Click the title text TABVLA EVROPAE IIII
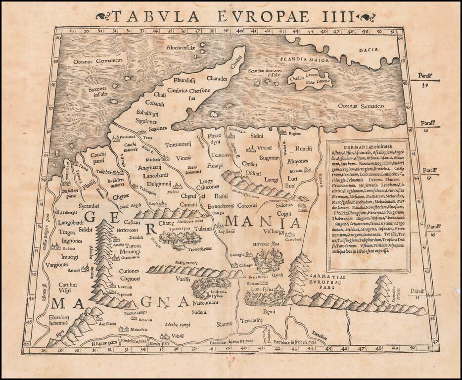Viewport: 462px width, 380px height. [x=232, y=16]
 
